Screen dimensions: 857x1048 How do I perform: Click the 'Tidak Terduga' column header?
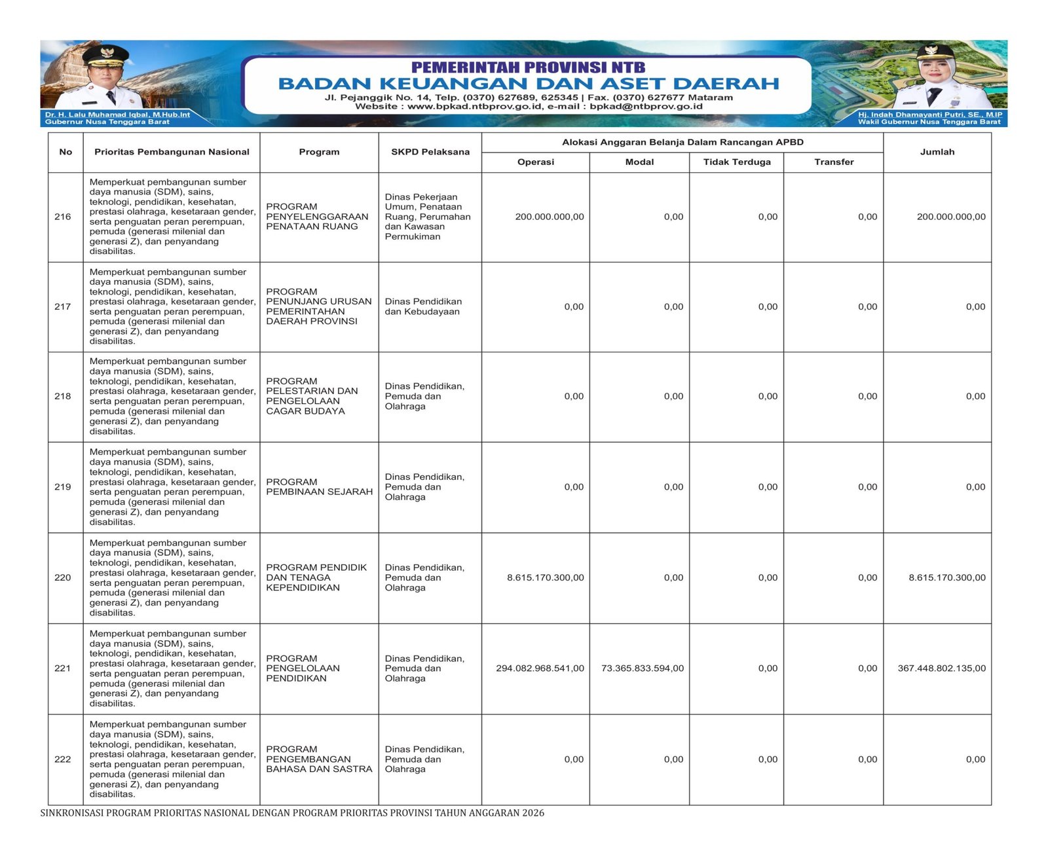tap(737, 162)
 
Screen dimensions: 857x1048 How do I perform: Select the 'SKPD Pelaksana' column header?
tap(430, 152)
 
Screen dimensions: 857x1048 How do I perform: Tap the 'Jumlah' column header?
tap(937, 152)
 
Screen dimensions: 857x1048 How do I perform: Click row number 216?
tap(63, 217)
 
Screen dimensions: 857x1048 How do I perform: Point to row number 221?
tap(63, 668)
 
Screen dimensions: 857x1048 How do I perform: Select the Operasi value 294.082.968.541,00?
tap(540, 668)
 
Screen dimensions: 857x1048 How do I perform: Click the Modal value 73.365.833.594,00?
tap(642, 668)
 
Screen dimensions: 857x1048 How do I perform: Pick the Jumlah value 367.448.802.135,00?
tap(941, 668)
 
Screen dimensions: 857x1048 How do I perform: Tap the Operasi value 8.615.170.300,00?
tap(545, 577)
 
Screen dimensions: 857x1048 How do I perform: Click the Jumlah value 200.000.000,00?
tap(950, 217)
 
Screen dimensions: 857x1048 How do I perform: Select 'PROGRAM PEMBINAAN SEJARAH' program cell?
tap(319, 486)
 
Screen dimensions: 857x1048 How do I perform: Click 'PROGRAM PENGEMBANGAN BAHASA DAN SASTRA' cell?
tap(319, 759)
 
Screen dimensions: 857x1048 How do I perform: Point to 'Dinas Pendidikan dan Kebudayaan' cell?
tap(423, 306)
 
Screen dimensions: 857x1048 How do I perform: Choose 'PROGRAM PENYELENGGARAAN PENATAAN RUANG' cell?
tap(317, 217)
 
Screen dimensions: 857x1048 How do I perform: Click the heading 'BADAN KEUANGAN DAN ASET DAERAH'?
tap(529, 84)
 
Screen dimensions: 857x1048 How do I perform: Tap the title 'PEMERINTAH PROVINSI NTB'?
tap(528, 67)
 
